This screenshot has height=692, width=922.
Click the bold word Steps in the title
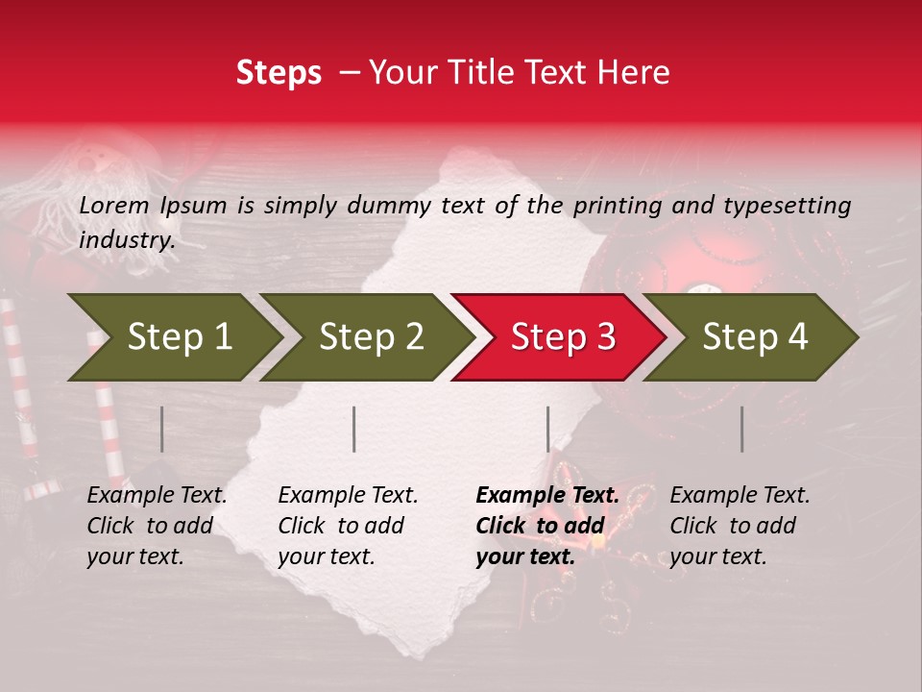tap(279, 73)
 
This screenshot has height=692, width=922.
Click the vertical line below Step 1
tap(162, 429)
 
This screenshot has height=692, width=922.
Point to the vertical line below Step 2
tap(354, 429)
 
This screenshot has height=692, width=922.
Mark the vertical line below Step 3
tap(547, 429)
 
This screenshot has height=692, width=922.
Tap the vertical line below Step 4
tap(741, 429)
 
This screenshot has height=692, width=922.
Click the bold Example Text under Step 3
tap(547, 496)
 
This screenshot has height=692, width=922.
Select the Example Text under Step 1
tap(157, 496)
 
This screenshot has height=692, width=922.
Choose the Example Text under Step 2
tap(348, 496)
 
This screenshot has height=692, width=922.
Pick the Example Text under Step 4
tap(740, 496)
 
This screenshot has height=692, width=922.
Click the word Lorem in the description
tap(114, 206)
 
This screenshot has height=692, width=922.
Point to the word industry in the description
tap(126, 240)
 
